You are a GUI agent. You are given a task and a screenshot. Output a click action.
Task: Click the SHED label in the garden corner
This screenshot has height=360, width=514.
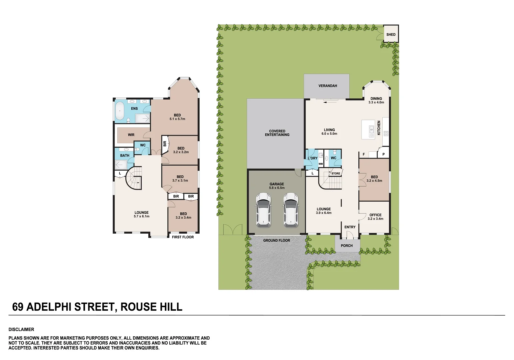pos(391,35)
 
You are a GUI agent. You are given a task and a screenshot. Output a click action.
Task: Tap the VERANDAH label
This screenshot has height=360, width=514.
pos(328,86)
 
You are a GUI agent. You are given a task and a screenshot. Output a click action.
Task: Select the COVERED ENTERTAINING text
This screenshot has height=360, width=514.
pos(277,133)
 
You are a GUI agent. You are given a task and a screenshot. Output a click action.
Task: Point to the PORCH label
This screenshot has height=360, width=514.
pos(347,246)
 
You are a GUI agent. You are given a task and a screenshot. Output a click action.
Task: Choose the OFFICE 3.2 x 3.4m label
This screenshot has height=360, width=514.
pos(375,217)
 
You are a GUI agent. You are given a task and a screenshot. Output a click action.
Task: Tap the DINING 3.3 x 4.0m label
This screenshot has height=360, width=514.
pos(376,100)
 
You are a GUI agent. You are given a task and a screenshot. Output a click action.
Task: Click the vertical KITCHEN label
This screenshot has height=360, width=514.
pos(379,128)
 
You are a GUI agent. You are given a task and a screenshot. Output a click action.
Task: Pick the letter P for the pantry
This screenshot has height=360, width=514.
pos(383,154)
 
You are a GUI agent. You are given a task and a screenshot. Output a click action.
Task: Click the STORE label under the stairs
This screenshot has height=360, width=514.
pos(336,174)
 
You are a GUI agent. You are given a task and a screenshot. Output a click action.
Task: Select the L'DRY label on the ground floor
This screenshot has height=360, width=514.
pos(313,158)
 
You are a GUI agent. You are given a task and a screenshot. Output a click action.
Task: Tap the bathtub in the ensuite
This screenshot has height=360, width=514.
pos(119,111)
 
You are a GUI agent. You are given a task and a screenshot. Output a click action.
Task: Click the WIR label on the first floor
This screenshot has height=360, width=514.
pos(131,135)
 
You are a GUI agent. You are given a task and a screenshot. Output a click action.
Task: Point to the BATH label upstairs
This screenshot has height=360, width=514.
pos(125,156)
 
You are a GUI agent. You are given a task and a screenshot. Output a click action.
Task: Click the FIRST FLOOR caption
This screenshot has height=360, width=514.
pos(183,237)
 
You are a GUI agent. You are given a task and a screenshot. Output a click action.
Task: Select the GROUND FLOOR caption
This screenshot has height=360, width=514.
pos(276,240)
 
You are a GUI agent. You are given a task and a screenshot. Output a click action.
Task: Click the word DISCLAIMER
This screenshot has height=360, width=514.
pos(21,329)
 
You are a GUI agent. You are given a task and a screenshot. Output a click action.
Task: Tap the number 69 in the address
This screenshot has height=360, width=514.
pos(18,307)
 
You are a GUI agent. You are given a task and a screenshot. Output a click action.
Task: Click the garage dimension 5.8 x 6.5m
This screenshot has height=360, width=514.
pos(277,188)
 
